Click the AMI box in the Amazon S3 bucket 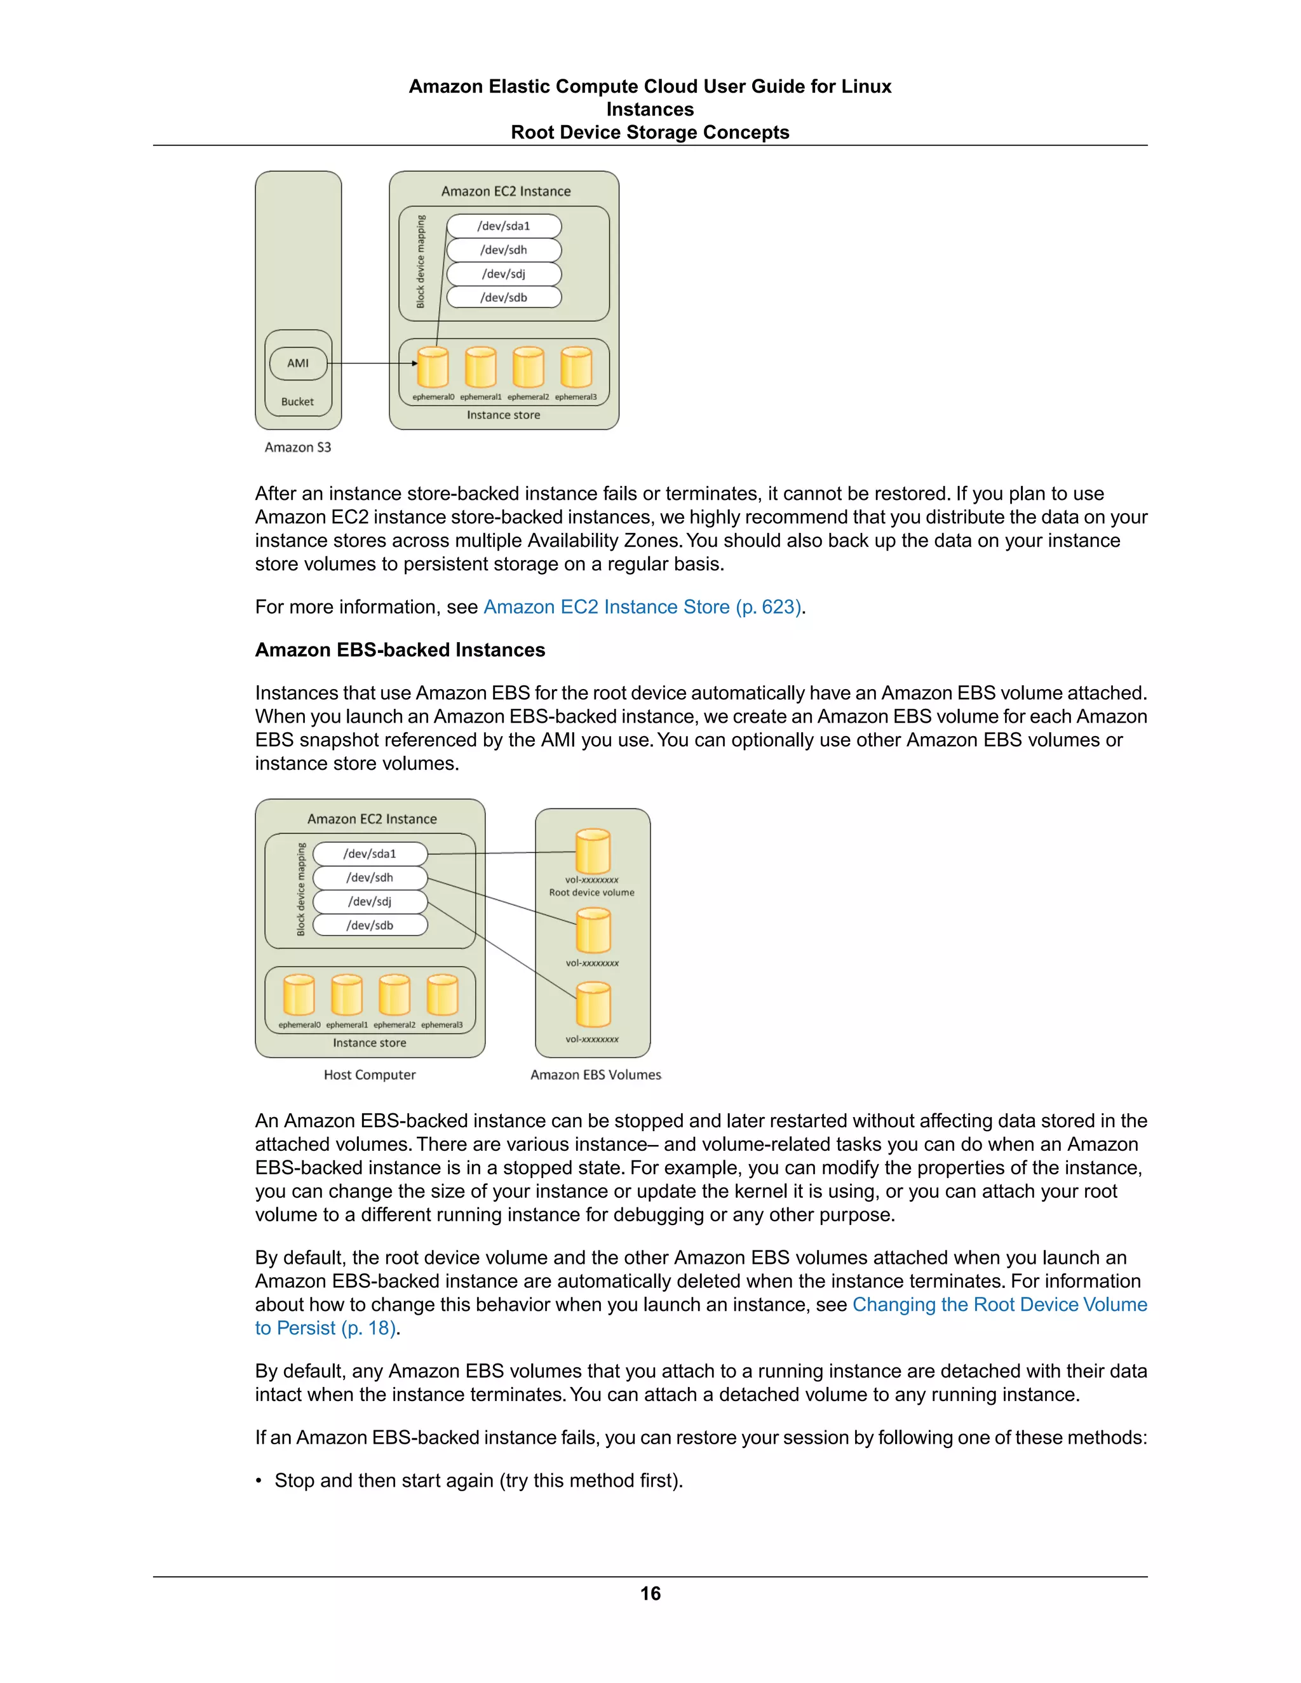tap(299, 363)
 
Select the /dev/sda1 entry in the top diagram tap(504, 226)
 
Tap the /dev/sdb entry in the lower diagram tap(370, 925)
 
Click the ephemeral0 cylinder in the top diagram tap(433, 367)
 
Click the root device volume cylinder tap(593, 852)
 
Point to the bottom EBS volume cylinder tap(593, 1004)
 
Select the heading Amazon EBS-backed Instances tap(400, 650)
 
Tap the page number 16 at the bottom tap(650, 1593)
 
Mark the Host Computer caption tap(369, 1074)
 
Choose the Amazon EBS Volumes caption tap(596, 1074)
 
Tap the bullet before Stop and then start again tap(260, 1481)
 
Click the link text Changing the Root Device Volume tap(999, 1304)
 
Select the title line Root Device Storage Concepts tap(650, 133)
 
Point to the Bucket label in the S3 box tap(297, 401)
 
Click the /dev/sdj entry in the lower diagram tap(370, 901)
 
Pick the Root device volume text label tap(592, 892)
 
